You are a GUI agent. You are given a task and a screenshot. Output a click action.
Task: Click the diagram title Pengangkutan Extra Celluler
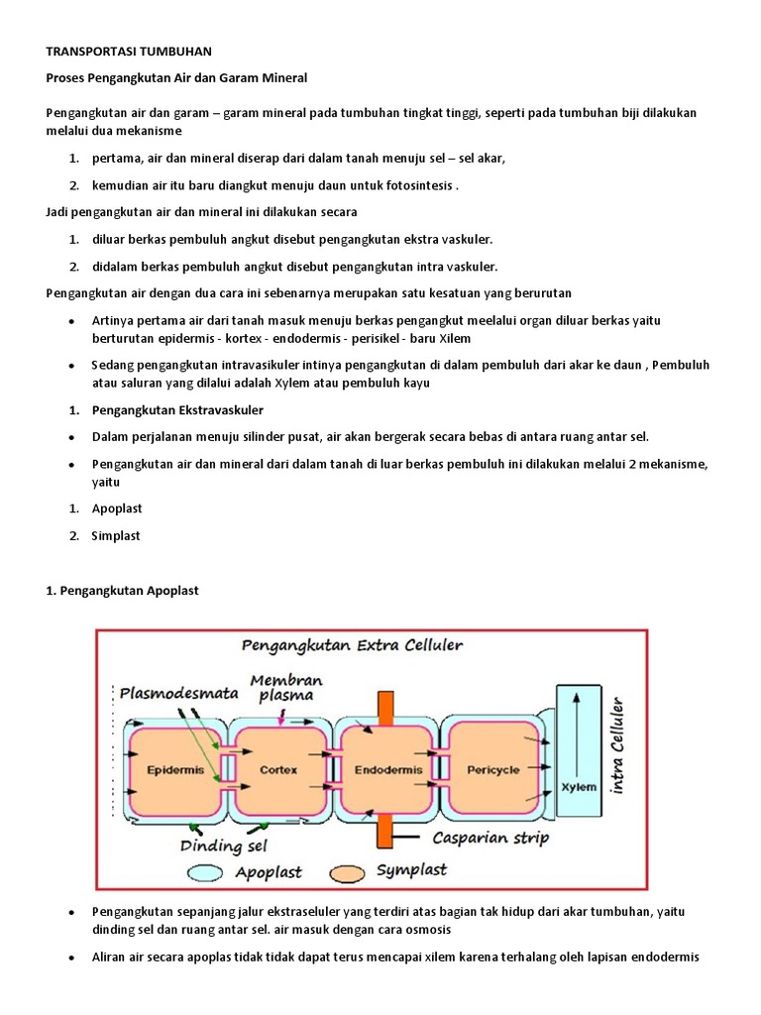(352, 645)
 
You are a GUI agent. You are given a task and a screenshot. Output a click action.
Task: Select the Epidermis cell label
(173, 769)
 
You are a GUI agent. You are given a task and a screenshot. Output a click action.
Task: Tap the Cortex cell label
(278, 769)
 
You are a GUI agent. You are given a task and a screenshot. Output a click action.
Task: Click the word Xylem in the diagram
(579, 787)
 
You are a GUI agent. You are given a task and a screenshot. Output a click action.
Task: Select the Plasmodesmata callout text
(180, 694)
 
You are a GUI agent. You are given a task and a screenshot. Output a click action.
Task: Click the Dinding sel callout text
(224, 846)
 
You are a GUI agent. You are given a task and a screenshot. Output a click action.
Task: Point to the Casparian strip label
(490, 838)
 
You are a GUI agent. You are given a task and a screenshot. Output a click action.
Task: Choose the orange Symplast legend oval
(342, 872)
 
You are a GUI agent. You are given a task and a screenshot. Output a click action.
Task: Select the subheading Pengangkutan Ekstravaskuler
(177, 409)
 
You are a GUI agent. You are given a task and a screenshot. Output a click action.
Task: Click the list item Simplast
(116, 535)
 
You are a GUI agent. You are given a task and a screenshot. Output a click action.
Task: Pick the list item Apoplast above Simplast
(117, 508)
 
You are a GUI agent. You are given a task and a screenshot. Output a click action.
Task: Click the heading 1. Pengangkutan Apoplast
(123, 590)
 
